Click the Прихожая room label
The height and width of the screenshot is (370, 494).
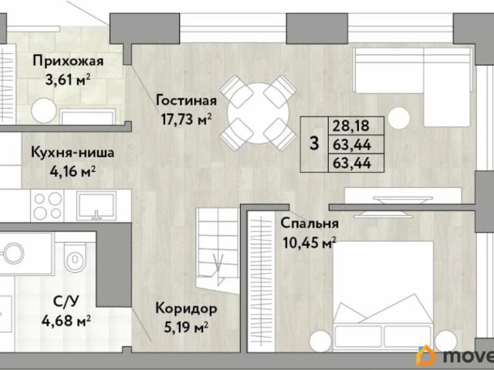pos(68,62)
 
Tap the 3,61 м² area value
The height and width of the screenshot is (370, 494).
pos(68,80)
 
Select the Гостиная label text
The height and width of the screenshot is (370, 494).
pos(186,101)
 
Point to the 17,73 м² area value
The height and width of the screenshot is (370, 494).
pos(186,119)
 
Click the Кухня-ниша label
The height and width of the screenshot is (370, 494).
pos(73,153)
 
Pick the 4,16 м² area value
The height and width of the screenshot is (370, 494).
pos(73,171)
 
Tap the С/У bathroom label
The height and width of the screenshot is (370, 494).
pos(66,302)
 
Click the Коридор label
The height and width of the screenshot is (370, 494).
pos(186,309)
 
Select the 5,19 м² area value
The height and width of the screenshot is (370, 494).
pos(186,328)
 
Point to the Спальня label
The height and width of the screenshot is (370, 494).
pos(310,224)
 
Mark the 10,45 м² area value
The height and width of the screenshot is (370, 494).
pos(310,243)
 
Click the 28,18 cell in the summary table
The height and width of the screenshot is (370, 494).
pos(351,126)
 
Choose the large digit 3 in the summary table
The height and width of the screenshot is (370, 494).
pos(314,144)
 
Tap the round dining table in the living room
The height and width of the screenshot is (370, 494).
pos(258,113)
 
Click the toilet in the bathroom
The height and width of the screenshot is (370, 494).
pos(75,257)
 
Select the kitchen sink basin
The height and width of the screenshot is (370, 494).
pos(96,205)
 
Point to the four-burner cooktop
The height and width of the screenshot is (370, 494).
pos(48,206)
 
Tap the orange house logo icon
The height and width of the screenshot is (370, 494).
pos(425,357)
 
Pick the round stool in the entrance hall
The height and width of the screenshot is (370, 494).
pos(44,110)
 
